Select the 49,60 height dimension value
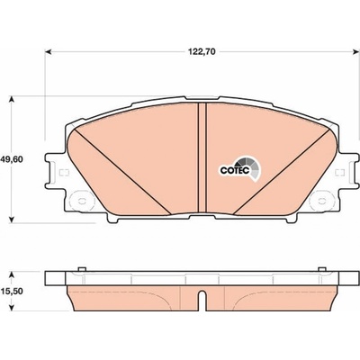(x=11, y=159)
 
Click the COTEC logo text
(x=235, y=170)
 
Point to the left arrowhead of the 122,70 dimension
(x=49, y=52)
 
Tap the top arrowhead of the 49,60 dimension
(x=11, y=100)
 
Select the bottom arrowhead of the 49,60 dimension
(x=11, y=220)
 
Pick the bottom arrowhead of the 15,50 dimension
(x=11, y=307)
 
